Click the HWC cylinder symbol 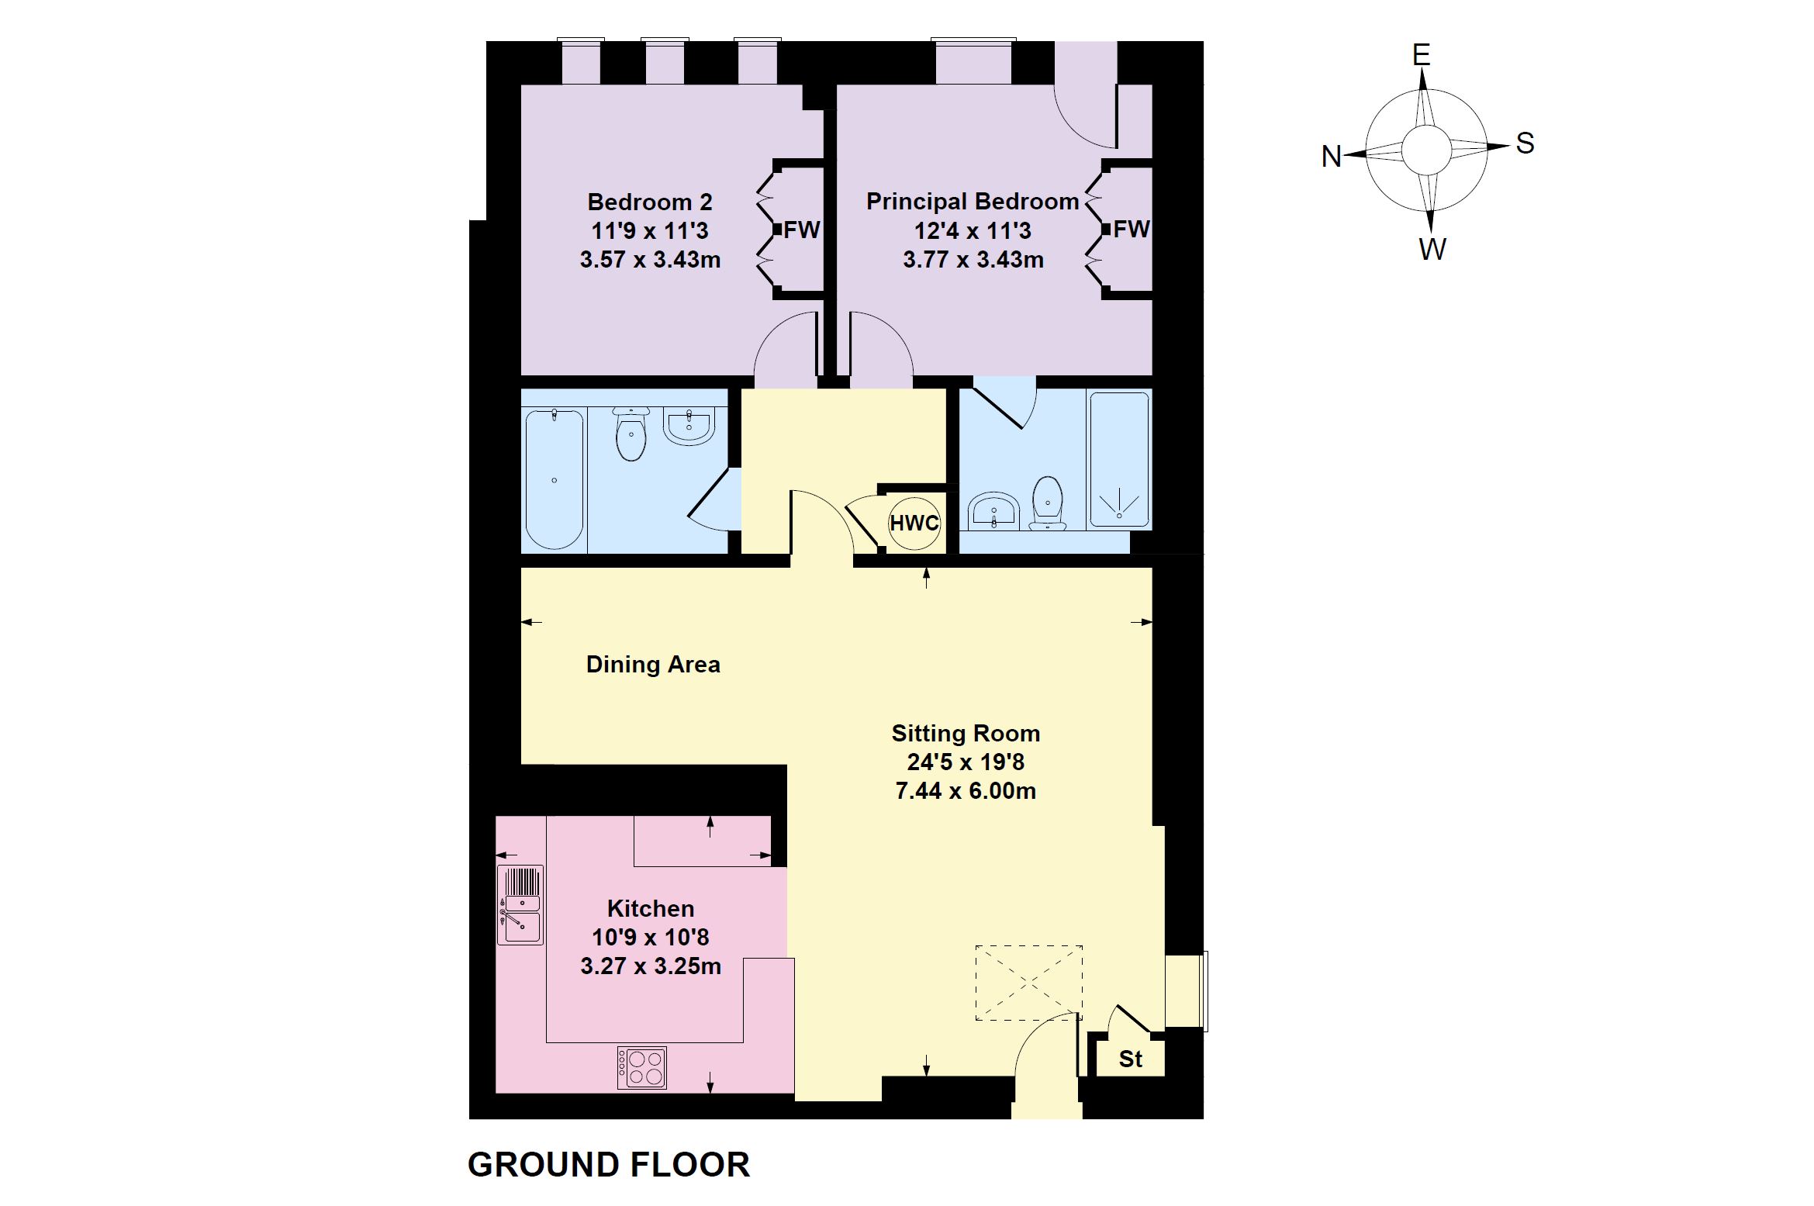pos(914,524)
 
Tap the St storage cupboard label pos(1130,1059)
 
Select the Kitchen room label pos(650,908)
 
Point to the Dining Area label pos(653,665)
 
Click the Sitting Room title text pos(966,733)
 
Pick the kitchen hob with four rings pos(642,1068)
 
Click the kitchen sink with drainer pos(520,905)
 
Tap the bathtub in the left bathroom pos(554,479)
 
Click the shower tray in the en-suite pos(1119,461)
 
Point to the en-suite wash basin pos(993,512)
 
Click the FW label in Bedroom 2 pos(802,230)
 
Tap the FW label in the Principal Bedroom pos(1131,229)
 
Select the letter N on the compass pos(1332,157)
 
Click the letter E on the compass pos(1421,55)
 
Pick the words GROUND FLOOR pos(609,1165)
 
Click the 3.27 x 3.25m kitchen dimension pos(651,966)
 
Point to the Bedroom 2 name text pos(650,202)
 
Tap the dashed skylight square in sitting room pos(1028,983)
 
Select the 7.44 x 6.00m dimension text pos(966,791)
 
